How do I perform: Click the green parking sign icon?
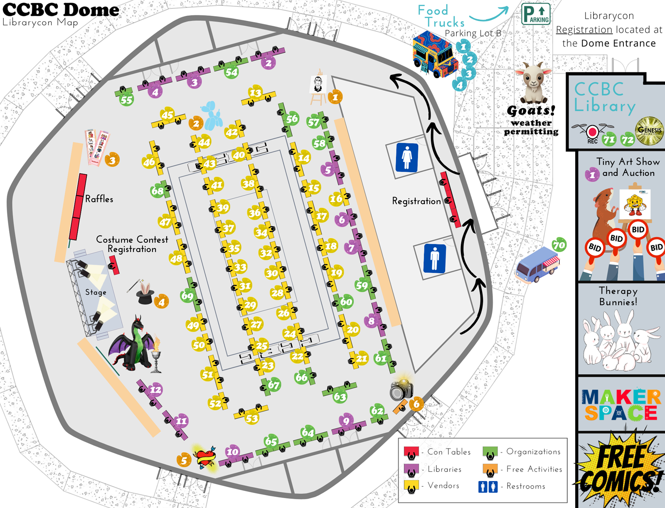tap(536, 14)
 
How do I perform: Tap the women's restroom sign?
tap(406, 158)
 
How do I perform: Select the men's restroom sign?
tap(435, 259)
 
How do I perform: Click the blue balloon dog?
tap(212, 116)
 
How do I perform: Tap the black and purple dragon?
tap(132, 345)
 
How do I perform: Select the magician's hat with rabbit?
tap(144, 292)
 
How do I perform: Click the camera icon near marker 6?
tap(401, 389)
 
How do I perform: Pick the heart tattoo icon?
tap(205, 457)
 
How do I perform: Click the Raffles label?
tap(99, 199)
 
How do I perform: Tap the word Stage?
tap(96, 292)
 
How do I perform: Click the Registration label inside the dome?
tap(416, 201)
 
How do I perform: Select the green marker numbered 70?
tap(559, 245)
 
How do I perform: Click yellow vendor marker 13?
tap(255, 93)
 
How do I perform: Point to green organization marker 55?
tap(126, 99)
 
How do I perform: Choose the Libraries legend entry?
tap(444, 469)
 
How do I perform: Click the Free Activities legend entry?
tap(534, 469)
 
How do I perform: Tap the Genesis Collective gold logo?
tap(649, 131)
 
